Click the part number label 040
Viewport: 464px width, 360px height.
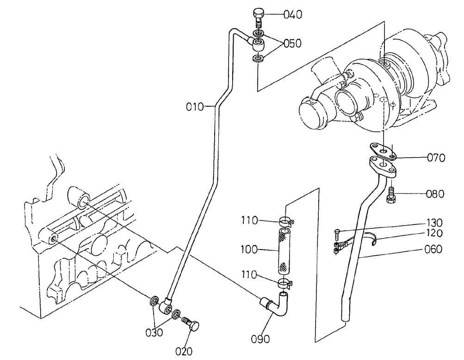[x=293, y=14]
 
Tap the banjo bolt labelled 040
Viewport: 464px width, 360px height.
[x=259, y=18]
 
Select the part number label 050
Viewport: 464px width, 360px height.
[x=292, y=43]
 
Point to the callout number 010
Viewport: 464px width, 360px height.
[x=195, y=107]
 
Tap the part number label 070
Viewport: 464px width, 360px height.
[x=436, y=158]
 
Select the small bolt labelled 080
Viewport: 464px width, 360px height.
[x=390, y=195]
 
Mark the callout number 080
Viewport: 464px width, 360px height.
[x=435, y=194]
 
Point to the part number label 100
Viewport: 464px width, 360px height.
[x=248, y=250]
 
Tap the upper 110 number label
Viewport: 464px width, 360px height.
[x=248, y=221]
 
